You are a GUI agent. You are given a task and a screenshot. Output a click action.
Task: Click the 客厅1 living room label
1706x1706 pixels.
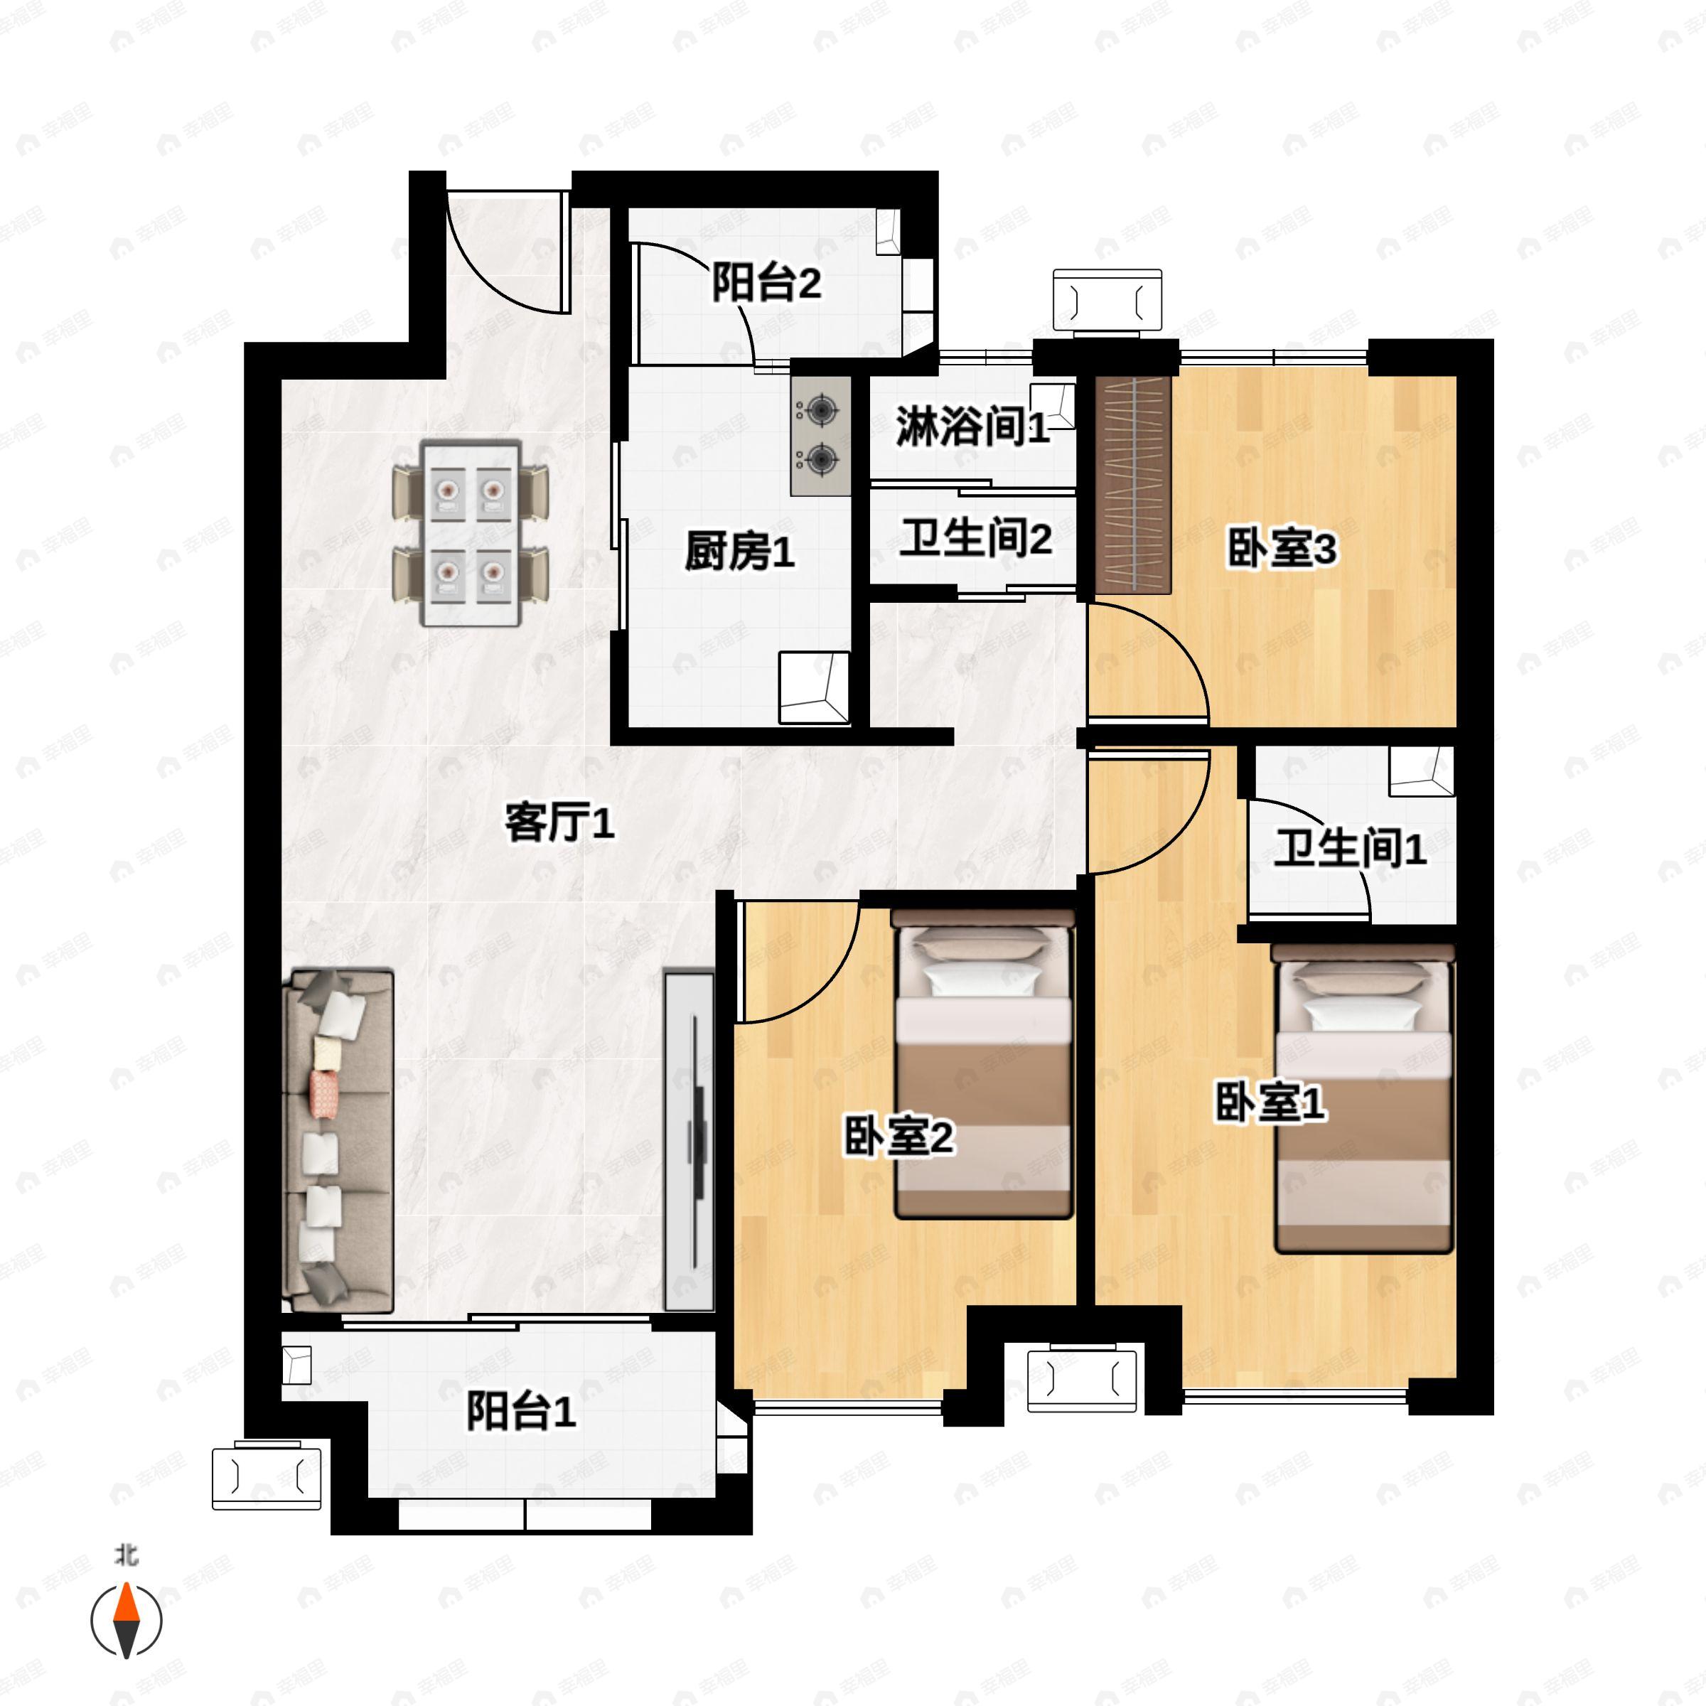559,823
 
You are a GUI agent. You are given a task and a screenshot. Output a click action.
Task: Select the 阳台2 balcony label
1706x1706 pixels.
766,284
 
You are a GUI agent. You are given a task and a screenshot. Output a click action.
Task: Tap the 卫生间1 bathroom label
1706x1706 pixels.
1349,849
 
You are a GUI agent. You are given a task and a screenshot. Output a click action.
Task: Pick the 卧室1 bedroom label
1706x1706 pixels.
1270,1103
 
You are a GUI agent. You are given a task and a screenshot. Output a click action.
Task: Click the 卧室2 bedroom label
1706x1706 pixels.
898,1137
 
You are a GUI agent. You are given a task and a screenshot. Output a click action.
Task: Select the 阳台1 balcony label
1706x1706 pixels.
521,1411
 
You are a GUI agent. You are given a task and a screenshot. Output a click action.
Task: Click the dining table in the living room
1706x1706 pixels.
471,532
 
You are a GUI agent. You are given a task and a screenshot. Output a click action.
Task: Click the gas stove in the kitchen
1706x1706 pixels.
820,434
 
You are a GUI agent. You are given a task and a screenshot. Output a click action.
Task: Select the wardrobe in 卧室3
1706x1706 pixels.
1133,485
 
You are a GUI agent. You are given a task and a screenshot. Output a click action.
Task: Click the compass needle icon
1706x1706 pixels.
127,1621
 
